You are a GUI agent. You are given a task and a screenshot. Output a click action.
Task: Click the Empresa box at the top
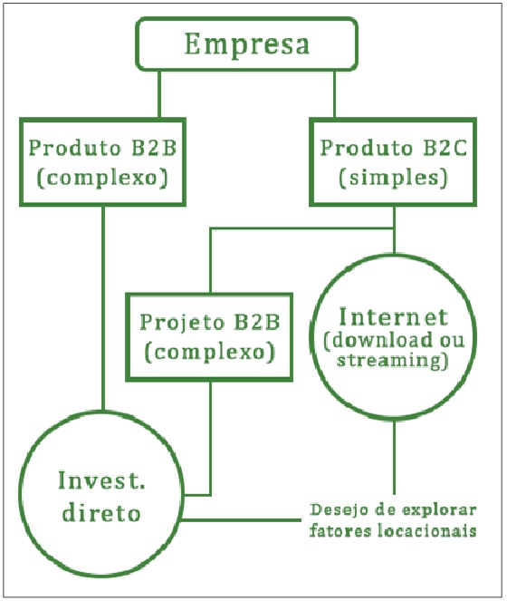[246, 44]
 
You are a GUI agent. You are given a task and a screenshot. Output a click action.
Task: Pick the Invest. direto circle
[102, 496]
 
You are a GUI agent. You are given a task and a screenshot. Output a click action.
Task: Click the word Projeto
[177, 322]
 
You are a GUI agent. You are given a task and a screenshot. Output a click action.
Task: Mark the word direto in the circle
[102, 513]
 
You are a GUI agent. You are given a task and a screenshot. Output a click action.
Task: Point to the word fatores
[340, 530]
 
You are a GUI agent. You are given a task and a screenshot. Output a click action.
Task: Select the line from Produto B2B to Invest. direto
[102, 308]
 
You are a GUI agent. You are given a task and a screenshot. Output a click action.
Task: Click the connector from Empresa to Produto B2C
[334, 93]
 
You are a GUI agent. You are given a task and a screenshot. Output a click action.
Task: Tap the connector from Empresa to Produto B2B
[159, 93]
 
